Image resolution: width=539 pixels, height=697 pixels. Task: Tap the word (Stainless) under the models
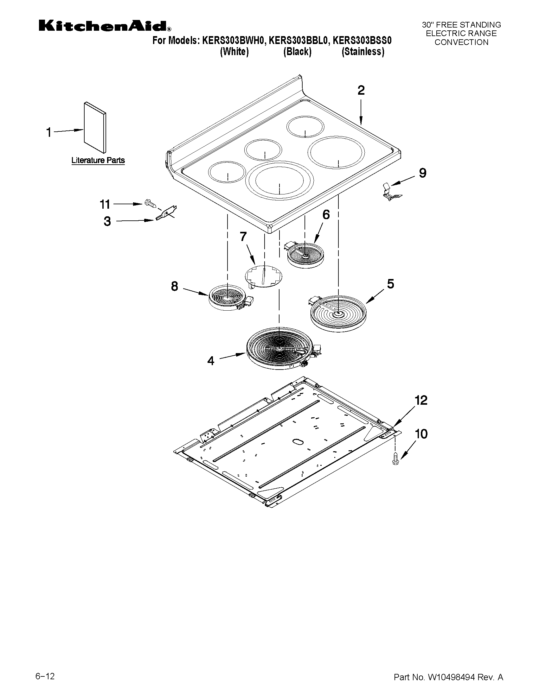(363, 52)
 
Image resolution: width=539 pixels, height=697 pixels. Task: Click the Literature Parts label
(98, 160)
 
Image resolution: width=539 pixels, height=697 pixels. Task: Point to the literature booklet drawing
(95, 128)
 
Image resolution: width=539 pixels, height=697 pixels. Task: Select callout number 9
(422, 173)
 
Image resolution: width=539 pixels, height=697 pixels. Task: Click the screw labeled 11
(150, 203)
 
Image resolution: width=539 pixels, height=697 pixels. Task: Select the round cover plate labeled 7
(264, 276)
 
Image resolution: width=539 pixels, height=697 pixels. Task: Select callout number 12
(420, 401)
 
